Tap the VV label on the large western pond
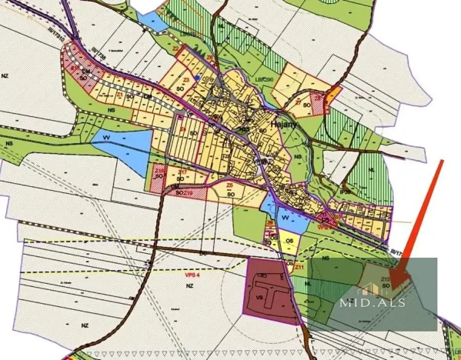pyautogui.click(x=105, y=138)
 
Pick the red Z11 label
pyautogui.click(x=299, y=265)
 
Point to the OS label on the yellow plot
pyautogui.click(x=289, y=241)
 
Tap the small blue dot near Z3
pyautogui.click(x=198, y=78)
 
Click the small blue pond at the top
pyautogui.click(x=154, y=22)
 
